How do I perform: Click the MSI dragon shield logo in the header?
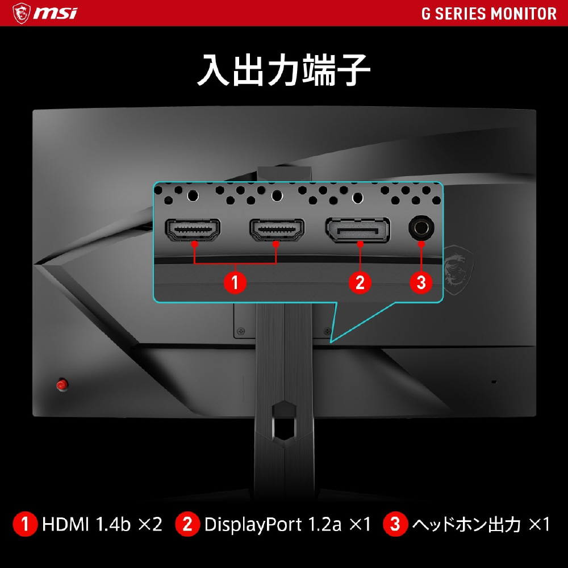pos(22,14)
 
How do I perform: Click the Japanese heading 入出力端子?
pos(283,70)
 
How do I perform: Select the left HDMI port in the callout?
pos(193,229)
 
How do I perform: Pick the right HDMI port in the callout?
pos(277,229)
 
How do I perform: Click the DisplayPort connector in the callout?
pos(358,229)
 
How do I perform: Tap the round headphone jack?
pos(421,228)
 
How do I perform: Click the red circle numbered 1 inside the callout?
pos(235,282)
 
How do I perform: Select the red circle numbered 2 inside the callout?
pos(360,282)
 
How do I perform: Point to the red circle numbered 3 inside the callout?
pos(421,282)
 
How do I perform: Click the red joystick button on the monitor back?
pos(62,385)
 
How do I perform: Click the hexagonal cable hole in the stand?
pos(285,420)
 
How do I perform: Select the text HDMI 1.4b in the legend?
pos(86,524)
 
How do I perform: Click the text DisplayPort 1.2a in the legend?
pos(273,524)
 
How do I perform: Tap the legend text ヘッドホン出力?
pos(466,524)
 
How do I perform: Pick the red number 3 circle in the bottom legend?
pos(395,524)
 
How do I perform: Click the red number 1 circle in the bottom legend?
pos(25,524)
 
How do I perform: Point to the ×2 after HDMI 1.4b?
pos(151,524)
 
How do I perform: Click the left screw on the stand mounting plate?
pos(240,331)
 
